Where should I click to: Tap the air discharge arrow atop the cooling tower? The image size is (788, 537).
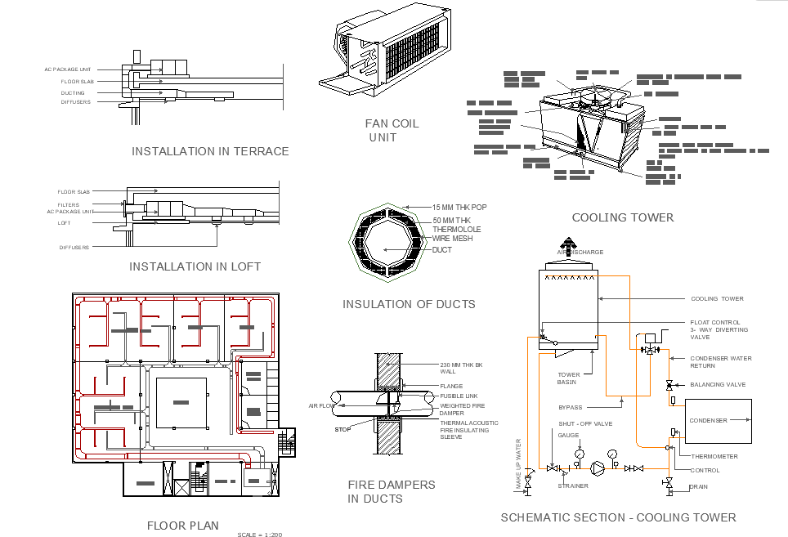click(566, 243)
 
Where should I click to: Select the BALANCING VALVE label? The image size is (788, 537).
click(718, 384)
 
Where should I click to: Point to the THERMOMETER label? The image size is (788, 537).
click(714, 457)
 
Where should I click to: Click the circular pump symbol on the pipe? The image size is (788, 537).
click(598, 468)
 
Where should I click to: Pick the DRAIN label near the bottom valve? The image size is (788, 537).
click(699, 487)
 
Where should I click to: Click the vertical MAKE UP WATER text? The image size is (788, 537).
click(518, 465)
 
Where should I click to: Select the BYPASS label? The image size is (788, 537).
click(571, 406)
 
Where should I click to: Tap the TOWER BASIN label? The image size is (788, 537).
click(568, 378)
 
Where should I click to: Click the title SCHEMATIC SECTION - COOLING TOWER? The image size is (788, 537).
click(618, 517)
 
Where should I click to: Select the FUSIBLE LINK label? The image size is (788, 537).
click(458, 396)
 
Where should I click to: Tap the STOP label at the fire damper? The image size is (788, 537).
click(342, 429)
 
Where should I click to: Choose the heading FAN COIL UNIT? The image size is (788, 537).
click(392, 131)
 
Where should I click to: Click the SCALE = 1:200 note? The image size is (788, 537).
click(259, 535)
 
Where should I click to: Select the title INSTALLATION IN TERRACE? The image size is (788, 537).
click(210, 151)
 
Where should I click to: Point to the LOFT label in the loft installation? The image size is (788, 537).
click(64, 223)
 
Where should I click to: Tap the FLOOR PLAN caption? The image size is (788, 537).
click(182, 526)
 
